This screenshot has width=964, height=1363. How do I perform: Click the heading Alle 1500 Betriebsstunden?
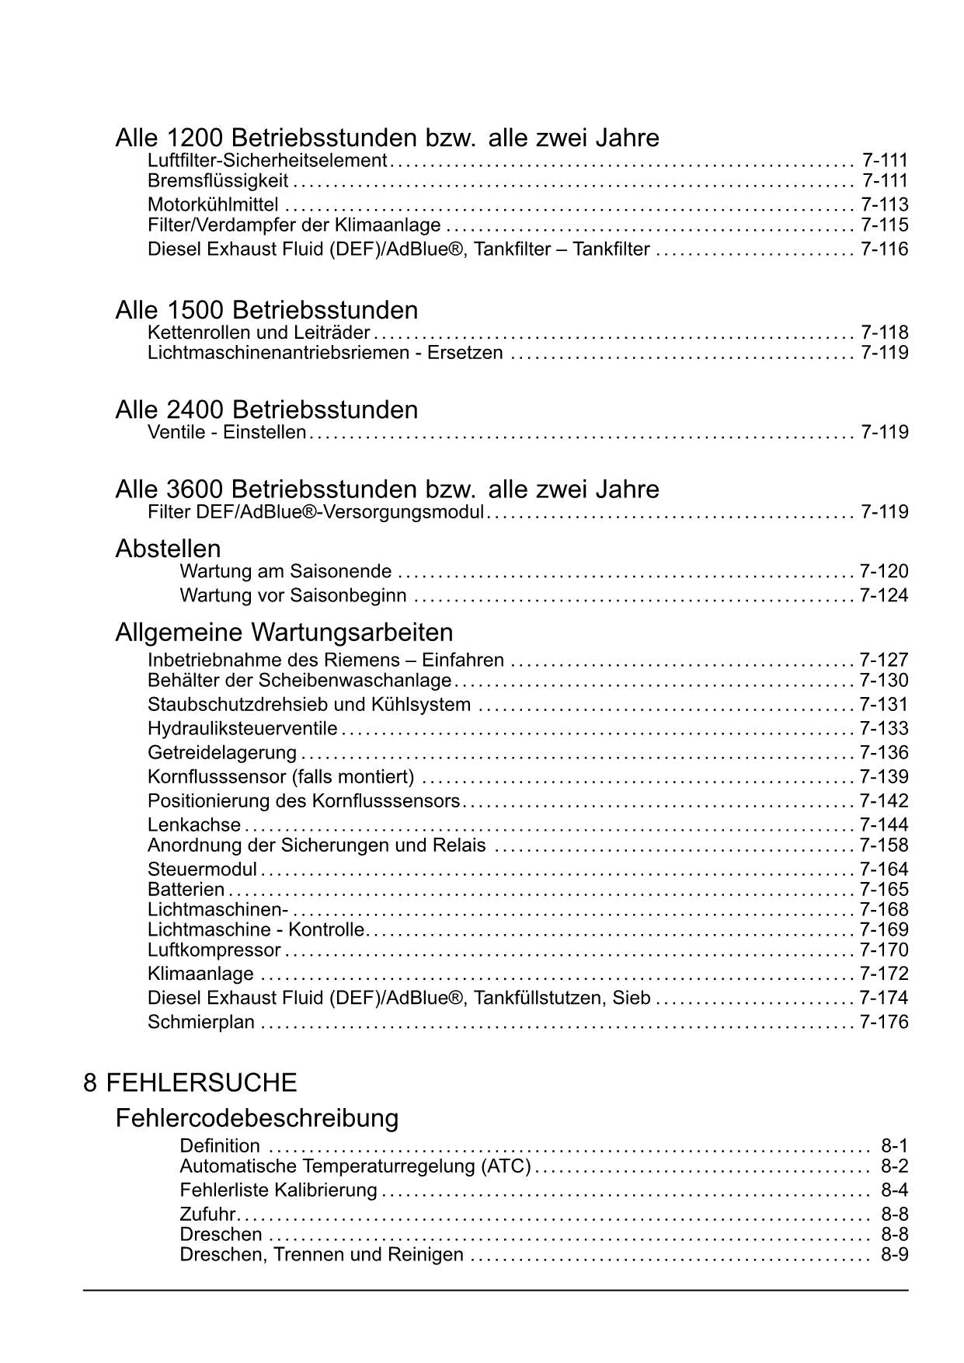266,310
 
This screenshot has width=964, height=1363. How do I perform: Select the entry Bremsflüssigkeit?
218,181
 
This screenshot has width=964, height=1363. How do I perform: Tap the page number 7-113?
884,205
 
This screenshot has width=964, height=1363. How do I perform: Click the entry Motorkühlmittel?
213,205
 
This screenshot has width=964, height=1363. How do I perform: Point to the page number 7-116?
884,249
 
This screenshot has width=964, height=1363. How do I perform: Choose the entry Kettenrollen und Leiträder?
259,333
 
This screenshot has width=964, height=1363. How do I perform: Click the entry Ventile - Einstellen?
227,432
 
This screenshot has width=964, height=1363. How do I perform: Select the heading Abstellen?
168,549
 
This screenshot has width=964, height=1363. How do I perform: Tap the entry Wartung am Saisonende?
286,572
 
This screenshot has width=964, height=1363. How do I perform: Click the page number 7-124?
884,596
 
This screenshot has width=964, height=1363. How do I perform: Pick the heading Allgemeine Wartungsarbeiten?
284,631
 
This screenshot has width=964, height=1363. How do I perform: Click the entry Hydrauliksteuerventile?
242,729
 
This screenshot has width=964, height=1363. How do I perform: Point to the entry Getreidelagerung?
222,753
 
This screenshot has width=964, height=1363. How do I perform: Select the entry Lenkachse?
194,825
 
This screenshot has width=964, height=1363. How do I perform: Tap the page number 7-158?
884,845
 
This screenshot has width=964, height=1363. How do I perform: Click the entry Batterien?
186,890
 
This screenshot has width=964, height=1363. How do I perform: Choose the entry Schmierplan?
201,1023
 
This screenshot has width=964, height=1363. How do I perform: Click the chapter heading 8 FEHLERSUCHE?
190,1082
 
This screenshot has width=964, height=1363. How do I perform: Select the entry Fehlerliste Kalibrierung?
278,1190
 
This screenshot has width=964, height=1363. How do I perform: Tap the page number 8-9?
894,1254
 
